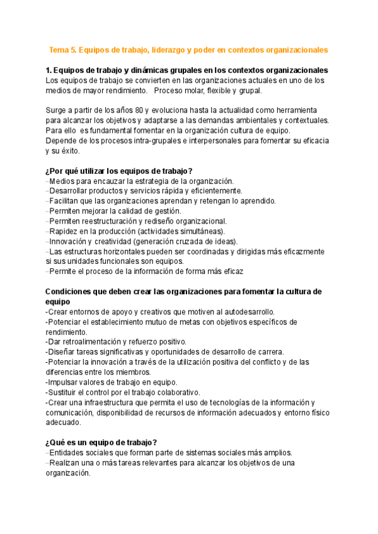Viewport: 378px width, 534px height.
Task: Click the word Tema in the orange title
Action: click(x=60, y=49)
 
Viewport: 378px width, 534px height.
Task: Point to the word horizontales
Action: click(x=124, y=251)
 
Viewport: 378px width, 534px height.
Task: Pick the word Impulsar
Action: click(x=63, y=382)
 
